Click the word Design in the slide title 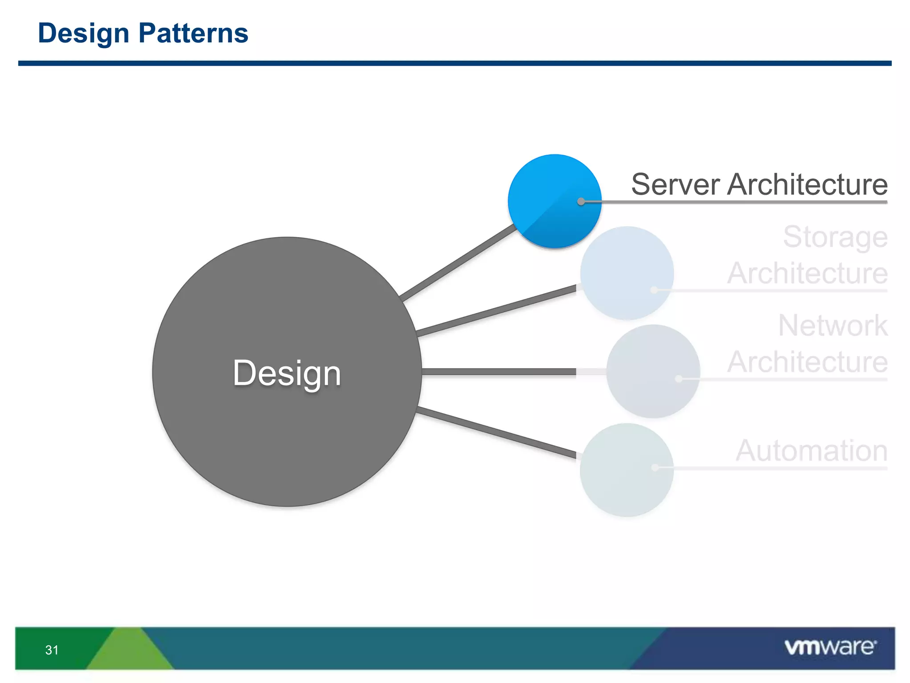[84, 34]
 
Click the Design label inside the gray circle [287, 373]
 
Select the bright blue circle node [547, 191]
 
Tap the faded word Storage [835, 237]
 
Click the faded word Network [832, 326]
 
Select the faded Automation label [811, 451]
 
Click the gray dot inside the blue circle [581, 201]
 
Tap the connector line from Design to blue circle [458, 262]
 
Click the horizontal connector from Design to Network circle [498, 372]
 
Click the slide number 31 [52, 650]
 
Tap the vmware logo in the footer [830, 647]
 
